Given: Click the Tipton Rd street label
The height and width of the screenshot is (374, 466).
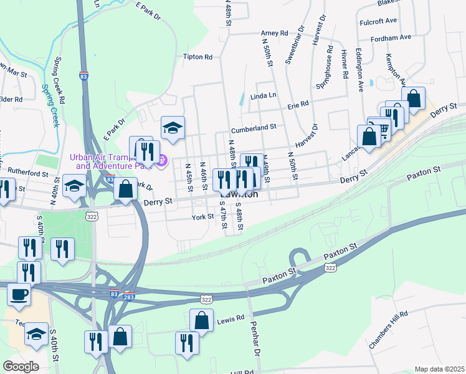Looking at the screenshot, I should pyautogui.click(x=197, y=57).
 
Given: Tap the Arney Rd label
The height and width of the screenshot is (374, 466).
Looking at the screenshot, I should pyautogui.click(x=275, y=33).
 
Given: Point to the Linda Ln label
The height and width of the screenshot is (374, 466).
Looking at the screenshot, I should pyautogui.click(x=263, y=96).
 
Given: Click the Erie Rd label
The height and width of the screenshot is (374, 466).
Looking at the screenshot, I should pyautogui.click(x=298, y=105).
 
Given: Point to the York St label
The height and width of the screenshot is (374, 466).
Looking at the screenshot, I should pyautogui.click(x=203, y=217).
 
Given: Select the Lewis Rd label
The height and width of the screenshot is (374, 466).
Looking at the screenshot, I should pyautogui.click(x=231, y=319).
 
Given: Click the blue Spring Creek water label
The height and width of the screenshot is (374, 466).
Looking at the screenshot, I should pyautogui.click(x=50, y=106).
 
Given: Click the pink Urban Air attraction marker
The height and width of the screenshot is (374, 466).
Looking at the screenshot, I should pyautogui.click(x=161, y=160).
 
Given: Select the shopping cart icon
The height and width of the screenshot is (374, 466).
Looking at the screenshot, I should pyautogui.click(x=382, y=128).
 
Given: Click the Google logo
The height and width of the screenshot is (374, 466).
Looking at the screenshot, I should pyautogui.click(x=21, y=367).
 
